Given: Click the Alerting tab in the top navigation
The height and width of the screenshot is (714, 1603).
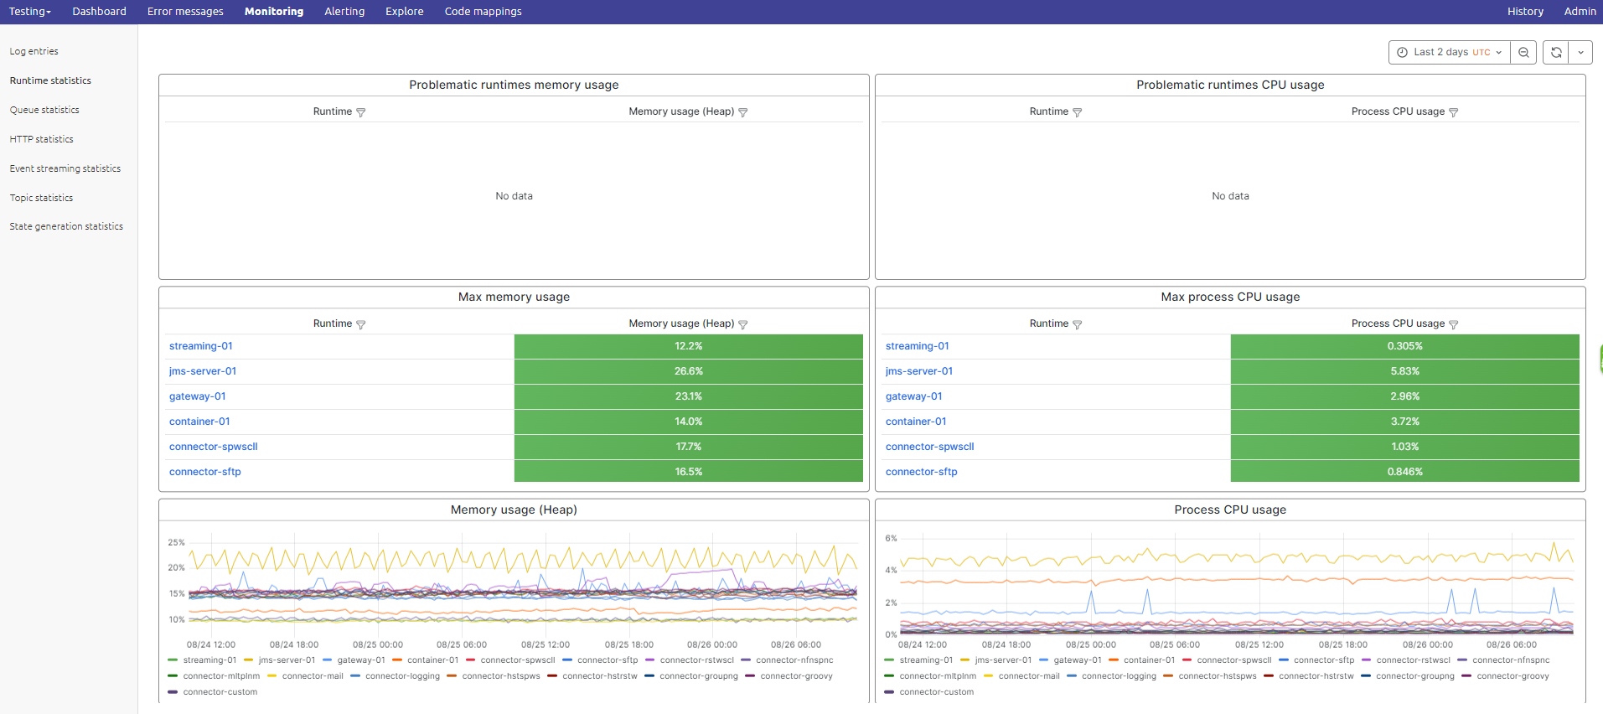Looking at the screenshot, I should point(344,12).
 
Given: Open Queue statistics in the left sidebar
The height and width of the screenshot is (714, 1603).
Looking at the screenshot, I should point(44,110).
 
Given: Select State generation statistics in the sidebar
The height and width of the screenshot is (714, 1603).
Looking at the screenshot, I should point(66,226).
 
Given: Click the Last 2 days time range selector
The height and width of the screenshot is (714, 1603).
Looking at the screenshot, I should point(1450,52).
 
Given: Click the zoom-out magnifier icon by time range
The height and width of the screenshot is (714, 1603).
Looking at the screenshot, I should point(1523,52).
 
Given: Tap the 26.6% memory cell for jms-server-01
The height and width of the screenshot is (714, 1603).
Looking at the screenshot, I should point(688,371).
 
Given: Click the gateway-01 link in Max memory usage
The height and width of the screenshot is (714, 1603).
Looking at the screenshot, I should point(197,396).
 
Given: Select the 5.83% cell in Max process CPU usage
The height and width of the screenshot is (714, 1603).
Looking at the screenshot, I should point(1404,371).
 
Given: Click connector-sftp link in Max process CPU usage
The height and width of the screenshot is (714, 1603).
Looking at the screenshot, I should point(921,472).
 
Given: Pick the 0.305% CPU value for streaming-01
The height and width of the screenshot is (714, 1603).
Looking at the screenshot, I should point(1404,346).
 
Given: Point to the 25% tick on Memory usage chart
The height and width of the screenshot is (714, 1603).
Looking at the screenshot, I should point(176,542).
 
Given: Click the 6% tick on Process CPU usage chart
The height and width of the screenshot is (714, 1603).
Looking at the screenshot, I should point(891,538).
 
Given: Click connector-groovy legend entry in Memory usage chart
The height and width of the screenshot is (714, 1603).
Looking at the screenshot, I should point(796,676).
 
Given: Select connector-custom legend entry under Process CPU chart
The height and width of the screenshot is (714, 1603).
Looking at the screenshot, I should point(936,692).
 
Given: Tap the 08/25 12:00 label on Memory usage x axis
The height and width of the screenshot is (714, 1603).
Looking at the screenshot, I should point(545,644).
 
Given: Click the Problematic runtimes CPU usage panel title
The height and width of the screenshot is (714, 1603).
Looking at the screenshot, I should point(1229,85).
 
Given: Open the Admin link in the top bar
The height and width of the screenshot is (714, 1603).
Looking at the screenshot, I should point(1580,12).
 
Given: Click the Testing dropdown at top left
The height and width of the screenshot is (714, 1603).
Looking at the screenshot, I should point(29,12).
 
